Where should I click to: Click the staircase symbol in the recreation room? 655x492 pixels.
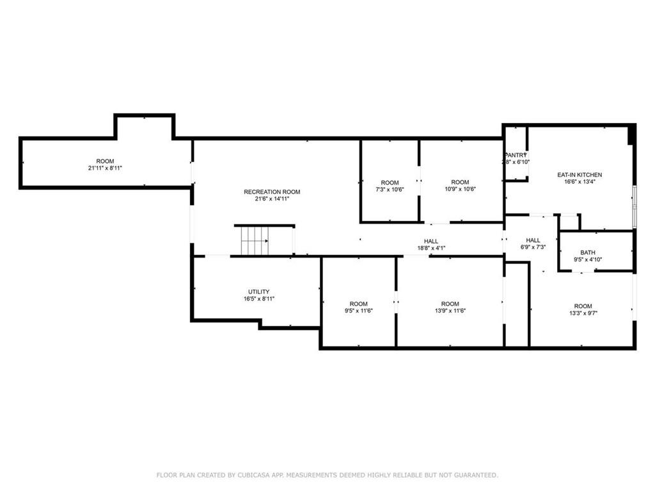pyautogui.click(x=255, y=242)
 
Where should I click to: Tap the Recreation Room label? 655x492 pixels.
pyautogui.click(x=272, y=192)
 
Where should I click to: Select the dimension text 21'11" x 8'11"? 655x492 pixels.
pyautogui.click(x=105, y=168)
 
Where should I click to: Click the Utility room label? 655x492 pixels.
pyautogui.click(x=258, y=291)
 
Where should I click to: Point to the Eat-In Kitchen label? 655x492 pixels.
pyautogui.click(x=580, y=174)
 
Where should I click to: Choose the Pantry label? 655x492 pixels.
pyautogui.click(x=515, y=155)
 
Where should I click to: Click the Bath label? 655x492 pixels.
pyautogui.click(x=587, y=252)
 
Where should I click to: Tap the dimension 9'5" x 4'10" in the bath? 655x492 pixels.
pyautogui.click(x=587, y=259)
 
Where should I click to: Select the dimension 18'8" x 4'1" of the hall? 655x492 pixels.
pyautogui.click(x=430, y=248)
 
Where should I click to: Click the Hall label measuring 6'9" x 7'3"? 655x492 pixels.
pyautogui.click(x=533, y=240)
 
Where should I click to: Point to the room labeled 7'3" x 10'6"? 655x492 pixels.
pyautogui.click(x=390, y=183)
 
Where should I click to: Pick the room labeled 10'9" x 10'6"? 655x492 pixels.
pyautogui.click(x=459, y=183)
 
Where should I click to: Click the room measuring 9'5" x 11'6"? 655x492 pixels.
pyautogui.click(x=358, y=304)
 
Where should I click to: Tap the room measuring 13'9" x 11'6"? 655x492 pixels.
pyautogui.click(x=450, y=304)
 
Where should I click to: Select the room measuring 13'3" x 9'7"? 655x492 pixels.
pyautogui.click(x=583, y=306)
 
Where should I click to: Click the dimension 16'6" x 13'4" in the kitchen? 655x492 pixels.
pyautogui.click(x=580, y=181)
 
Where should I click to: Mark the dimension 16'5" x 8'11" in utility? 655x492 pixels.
pyautogui.click(x=258, y=299)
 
